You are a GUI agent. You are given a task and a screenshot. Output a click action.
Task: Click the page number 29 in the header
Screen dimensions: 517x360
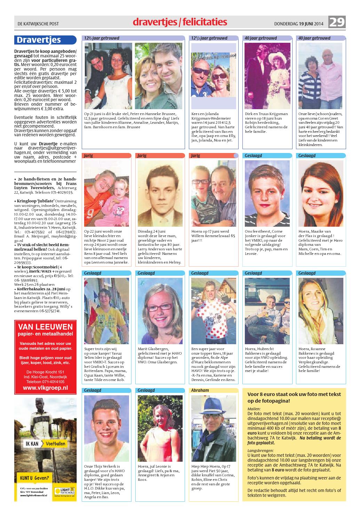click(337, 23)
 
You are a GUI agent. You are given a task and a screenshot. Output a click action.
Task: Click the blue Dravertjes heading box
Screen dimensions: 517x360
click(45, 40)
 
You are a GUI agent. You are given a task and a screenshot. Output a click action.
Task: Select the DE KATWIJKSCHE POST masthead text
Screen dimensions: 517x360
click(38, 24)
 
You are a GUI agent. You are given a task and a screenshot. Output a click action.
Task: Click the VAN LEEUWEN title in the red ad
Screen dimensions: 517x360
click(45, 326)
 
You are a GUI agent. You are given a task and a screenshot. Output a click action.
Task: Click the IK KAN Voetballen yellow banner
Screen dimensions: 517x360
click(45, 444)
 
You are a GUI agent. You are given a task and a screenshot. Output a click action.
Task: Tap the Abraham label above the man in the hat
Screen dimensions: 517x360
click(200, 390)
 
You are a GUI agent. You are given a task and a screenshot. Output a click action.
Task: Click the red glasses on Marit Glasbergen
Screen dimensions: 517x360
click(160, 307)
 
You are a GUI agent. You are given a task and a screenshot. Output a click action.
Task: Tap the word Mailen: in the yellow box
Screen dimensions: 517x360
click(254, 409)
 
